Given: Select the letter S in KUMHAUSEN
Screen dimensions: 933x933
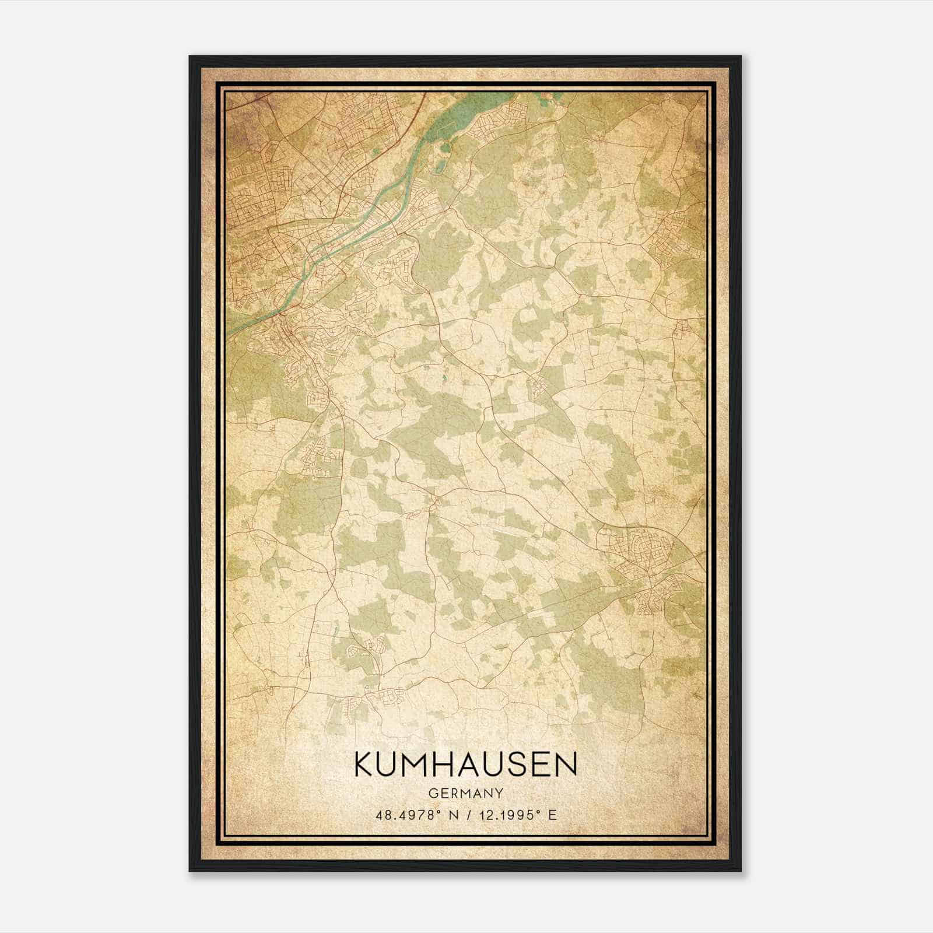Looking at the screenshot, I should tap(514, 764).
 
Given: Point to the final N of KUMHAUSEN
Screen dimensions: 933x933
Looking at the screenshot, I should tap(566, 764).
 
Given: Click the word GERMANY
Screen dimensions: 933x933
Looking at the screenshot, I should tap(465, 793).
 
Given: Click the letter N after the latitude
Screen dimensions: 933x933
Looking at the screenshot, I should tap(450, 815).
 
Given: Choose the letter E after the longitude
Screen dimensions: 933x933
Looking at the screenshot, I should tap(552, 815).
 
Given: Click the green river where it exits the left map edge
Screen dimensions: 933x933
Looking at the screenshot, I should tap(231, 332).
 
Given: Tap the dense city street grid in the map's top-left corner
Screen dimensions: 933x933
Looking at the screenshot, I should tap(257, 192).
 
